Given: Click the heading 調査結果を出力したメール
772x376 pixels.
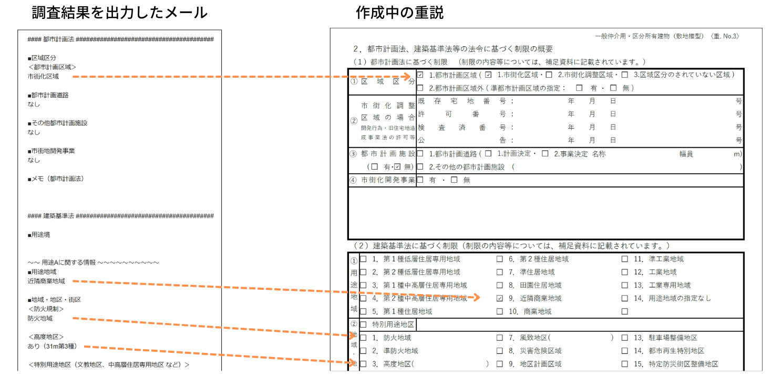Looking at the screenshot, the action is point(119,13).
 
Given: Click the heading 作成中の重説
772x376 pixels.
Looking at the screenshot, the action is point(399,13).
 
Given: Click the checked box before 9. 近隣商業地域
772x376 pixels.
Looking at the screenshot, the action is point(500,298).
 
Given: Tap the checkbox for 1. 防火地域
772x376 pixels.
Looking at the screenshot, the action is point(363,338).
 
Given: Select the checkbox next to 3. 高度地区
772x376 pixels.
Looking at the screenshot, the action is point(363,364).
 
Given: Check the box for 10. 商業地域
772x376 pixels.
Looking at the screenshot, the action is point(500,311).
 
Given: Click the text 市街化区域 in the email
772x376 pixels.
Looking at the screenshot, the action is point(43,76).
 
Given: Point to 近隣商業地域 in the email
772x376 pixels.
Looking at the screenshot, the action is point(46,281).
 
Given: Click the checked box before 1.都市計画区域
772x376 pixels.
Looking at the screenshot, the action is point(420,75).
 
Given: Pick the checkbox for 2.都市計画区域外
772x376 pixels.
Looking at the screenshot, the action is point(420,88).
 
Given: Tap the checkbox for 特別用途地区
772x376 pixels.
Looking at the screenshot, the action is point(363,325).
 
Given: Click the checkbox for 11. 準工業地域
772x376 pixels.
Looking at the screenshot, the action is point(625,259).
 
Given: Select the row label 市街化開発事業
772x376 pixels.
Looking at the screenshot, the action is point(388,180).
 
